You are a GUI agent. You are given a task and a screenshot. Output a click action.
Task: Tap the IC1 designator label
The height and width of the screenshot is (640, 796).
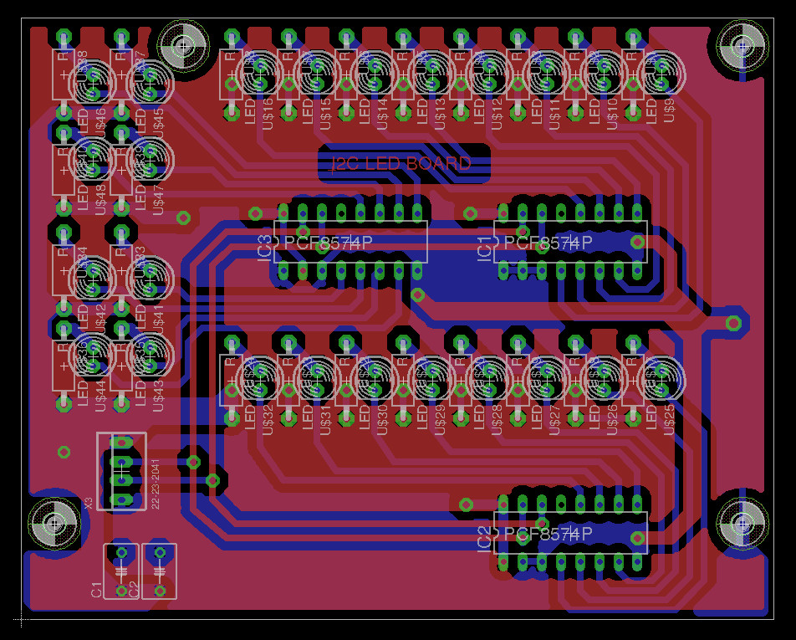(483, 248)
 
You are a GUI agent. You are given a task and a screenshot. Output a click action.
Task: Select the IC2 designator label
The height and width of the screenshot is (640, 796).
(483, 540)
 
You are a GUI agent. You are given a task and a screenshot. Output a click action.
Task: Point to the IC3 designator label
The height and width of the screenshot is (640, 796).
(264, 248)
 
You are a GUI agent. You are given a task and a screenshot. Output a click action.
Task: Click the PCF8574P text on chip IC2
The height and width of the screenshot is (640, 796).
(549, 534)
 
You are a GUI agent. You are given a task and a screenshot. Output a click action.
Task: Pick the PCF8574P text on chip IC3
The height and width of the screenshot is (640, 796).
(328, 243)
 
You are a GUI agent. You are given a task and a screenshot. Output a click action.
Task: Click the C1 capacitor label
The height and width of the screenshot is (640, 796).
(96, 589)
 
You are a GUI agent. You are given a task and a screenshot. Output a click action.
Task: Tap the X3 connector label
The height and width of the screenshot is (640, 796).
(89, 503)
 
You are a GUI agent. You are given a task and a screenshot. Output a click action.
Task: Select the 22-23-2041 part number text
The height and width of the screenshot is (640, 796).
(155, 484)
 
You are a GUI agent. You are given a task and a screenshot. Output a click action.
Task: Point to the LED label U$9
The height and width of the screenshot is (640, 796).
(669, 110)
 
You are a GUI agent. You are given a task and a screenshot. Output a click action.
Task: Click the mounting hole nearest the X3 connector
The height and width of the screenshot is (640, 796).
(54, 525)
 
